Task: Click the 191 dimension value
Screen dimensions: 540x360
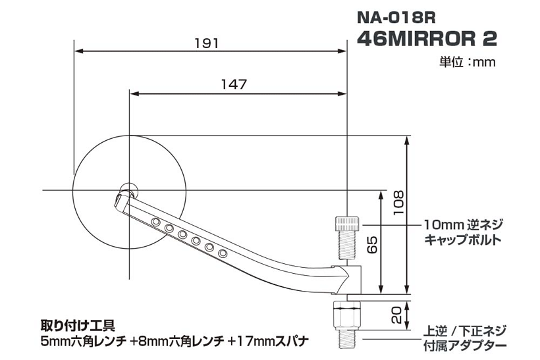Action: tap(207, 43)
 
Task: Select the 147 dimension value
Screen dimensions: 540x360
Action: tap(234, 84)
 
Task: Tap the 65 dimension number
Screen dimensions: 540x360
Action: tap(372, 245)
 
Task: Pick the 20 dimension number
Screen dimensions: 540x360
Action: tap(397, 315)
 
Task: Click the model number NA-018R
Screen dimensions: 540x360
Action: tap(396, 18)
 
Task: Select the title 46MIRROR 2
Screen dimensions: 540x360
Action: tap(427, 39)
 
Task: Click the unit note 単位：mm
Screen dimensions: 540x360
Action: tap(468, 63)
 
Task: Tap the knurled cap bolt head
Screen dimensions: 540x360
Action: tap(347, 224)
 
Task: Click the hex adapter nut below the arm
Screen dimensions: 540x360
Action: tap(347, 315)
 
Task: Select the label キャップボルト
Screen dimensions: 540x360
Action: tap(462, 240)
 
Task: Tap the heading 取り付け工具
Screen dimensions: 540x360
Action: tap(78, 325)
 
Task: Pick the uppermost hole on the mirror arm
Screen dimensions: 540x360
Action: tap(155, 222)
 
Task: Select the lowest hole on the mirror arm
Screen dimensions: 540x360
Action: tap(223, 253)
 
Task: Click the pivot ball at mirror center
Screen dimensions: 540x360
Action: tap(129, 190)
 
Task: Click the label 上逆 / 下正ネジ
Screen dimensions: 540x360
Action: tap(465, 331)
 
